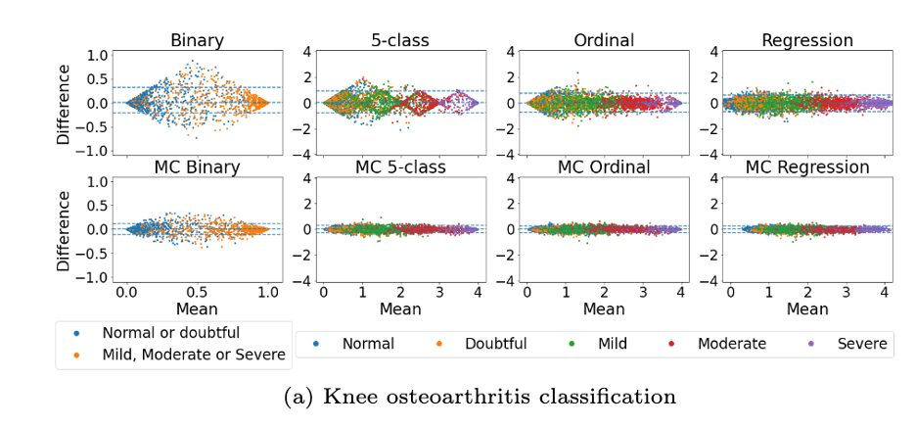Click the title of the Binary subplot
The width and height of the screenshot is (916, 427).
(197, 41)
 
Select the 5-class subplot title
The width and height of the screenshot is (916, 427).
(399, 41)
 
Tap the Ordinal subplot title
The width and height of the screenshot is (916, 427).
(604, 41)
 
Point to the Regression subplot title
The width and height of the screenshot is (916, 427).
(807, 41)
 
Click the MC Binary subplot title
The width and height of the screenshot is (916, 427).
(197, 167)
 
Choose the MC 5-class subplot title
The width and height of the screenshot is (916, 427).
(399, 167)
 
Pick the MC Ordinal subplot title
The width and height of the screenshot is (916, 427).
(604, 167)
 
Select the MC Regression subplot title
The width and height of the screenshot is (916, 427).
(807, 167)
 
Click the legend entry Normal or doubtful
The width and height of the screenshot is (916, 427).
(170, 332)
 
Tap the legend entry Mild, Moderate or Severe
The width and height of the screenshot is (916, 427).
(194, 355)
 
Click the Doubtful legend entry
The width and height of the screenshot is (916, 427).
(495, 344)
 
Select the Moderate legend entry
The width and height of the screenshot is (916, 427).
(731, 344)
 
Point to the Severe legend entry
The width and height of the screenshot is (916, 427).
(862, 344)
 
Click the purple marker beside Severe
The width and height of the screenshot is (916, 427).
(810, 344)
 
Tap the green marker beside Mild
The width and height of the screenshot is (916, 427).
(572, 344)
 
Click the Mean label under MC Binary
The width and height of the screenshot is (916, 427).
(197, 309)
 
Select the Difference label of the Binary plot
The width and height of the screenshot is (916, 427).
(64, 103)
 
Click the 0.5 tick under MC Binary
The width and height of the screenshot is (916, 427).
(197, 292)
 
